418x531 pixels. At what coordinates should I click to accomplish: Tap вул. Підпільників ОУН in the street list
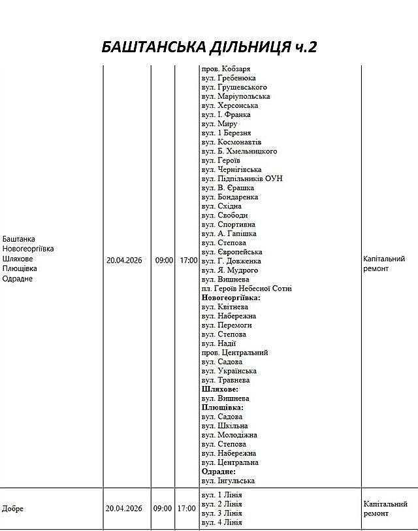pos(242,179)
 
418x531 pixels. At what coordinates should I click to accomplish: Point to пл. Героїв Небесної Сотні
pos(246,289)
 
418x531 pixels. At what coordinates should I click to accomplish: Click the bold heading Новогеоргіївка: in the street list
pos(231,298)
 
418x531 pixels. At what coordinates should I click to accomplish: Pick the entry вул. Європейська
pos(232,252)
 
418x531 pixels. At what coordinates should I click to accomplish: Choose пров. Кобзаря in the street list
pos(226,69)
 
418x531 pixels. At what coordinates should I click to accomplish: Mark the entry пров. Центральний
pos(234,353)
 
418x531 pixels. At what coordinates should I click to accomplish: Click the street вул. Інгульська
pos(228,481)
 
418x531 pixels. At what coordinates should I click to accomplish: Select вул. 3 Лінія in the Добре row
pos(221,513)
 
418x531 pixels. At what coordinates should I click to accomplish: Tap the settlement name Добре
pos(13,509)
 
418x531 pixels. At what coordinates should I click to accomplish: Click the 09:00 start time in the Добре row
pos(163,509)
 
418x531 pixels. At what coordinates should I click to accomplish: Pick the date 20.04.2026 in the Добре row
pos(124,509)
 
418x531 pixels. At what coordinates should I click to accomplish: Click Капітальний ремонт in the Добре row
pos(385,509)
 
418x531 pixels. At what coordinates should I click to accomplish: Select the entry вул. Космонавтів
pos(231,142)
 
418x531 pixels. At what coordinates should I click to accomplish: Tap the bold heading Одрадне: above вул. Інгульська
pos(218,472)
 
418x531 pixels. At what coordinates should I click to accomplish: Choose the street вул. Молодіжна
pos(229,435)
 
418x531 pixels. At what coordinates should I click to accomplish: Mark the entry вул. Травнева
pos(225,380)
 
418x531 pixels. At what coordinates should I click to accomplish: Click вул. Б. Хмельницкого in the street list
pos(239,152)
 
